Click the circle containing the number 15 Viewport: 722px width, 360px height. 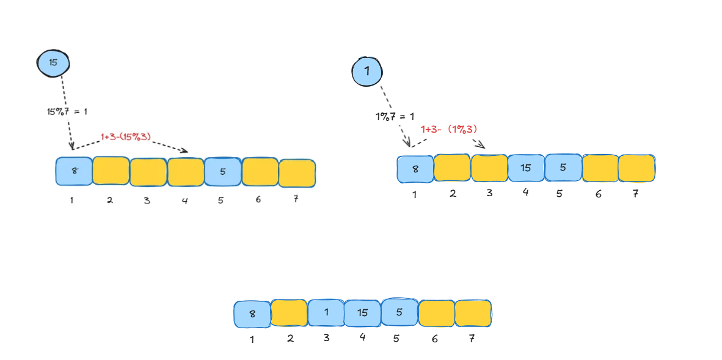point(53,62)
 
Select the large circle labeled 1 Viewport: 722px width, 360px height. point(367,72)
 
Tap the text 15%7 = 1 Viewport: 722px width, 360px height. point(67,111)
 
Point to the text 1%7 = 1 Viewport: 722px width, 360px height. point(395,116)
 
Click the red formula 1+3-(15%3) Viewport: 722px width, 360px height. point(126,138)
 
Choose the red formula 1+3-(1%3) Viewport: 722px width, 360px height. point(449,130)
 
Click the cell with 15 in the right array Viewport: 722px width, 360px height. point(525,168)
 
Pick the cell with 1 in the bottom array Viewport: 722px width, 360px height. point(326,313)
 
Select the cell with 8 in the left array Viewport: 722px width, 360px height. point(74,171)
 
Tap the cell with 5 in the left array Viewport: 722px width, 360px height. point(222,171)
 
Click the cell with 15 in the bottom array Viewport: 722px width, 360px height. point(362,313)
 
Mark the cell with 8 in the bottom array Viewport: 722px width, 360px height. point(252,314)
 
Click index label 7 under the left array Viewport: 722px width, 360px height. point(296,199)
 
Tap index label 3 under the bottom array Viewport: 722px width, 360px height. point(326,337)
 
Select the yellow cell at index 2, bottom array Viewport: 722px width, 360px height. point(289,313)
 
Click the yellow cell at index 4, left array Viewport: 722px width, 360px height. point(185,172)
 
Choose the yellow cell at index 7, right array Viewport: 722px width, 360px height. point(636,168)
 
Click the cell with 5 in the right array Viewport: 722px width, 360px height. point(563,167)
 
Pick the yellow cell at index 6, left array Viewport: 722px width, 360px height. point(260,171)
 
